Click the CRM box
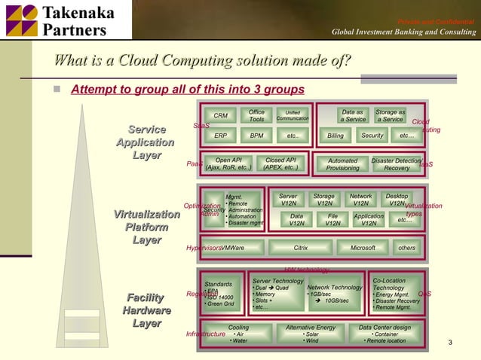(220, 116)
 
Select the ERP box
(220, 136)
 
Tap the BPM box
(256, 136)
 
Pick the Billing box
(335, 136)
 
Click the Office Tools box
(256, 116)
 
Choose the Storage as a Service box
(390, 116)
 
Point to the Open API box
(228, 164)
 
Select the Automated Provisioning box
(343, 164)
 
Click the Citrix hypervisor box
(300, 248)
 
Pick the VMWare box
(235, 248)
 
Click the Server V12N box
(288, 200)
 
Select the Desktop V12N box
(397, 200)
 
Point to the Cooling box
(238, 334)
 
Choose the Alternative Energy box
(311, 334)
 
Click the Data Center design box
(384, 334)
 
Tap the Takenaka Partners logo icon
(20, 20)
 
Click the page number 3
(450, 344)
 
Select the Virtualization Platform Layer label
(146, 227)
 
